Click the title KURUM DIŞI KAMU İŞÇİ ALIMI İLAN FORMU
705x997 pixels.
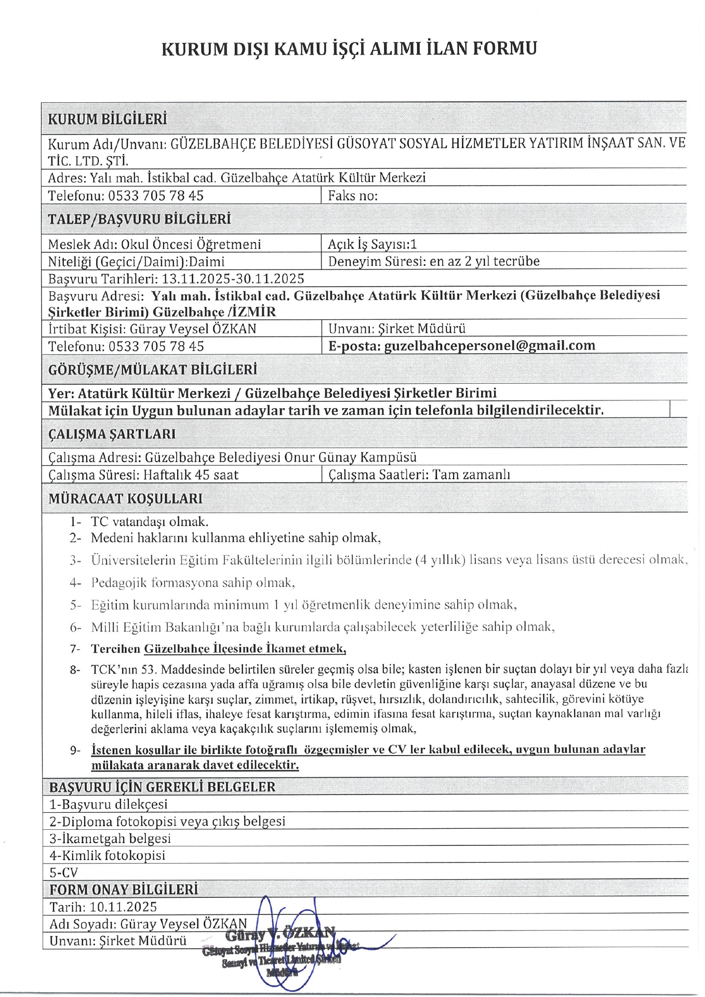(x=349, y=48)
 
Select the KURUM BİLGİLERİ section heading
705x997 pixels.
(x=108, y=119)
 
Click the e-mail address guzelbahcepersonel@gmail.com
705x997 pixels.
(x=489, y=346)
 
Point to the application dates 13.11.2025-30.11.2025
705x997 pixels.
(x=233, y=279)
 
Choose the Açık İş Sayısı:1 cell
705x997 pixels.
(x=372, y=244)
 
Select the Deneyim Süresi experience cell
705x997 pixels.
(x=434, y=261)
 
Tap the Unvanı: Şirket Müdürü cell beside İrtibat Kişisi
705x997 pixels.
(x=397, y=329)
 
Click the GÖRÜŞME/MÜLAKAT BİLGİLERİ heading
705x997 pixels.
(x=152, y=370)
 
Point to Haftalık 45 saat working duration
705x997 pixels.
(x=191, y=475)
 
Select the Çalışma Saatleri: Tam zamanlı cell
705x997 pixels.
(x=419, y=475)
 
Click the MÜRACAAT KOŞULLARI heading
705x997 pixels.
(x=125, y=498)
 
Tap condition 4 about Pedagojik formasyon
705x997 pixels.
(x=193, y=583)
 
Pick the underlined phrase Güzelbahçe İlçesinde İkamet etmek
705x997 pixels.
(x=245, y=649)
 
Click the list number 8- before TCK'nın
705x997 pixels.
(x=75, y=669)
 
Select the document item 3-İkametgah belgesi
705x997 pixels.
(x=110, y=839)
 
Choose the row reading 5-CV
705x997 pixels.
(x=63, y=872)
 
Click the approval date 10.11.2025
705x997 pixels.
(x=123, y=907)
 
